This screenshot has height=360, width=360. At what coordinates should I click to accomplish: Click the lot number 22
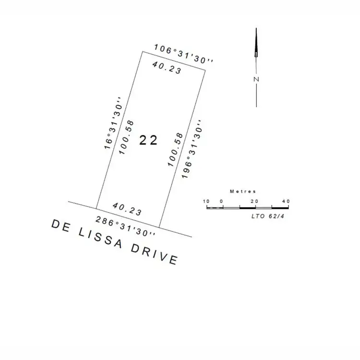pos(148,140)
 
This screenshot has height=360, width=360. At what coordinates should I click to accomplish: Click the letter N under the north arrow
pos(256,79)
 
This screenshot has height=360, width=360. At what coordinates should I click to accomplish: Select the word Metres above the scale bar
pos(243,191)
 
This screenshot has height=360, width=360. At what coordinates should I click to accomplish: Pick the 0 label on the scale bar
pos(221,201)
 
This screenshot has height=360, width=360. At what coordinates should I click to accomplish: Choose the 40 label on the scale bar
pos(286,201)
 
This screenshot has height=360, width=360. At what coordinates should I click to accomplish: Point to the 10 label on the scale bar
pos(206,201)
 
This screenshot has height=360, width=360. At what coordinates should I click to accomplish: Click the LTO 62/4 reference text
pos(267,216)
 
